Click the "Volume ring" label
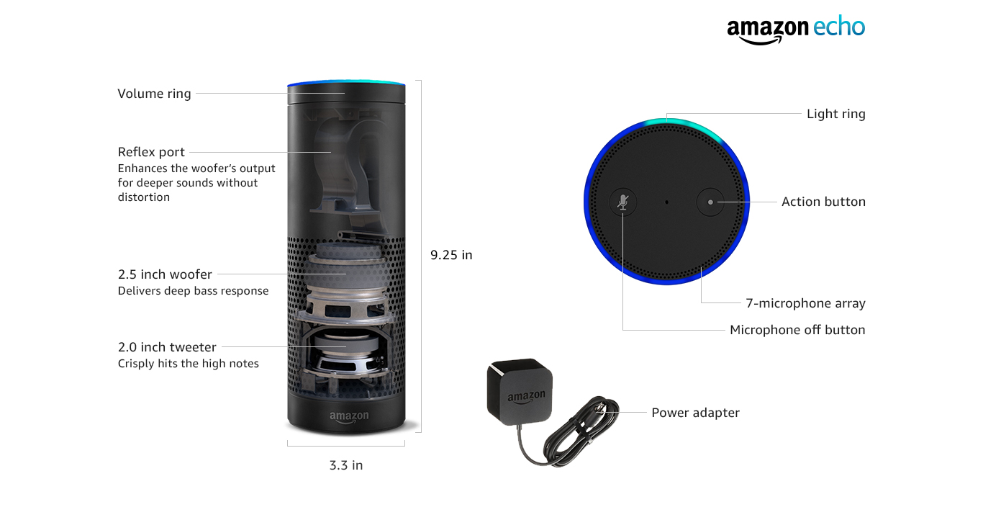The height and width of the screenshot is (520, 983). pyautogui.click(x=154, y=94)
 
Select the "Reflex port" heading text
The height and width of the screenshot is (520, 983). pyautogui.click(x=151, y=152)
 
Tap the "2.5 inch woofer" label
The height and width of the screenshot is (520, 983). pyautogui.click(x=165, y=274)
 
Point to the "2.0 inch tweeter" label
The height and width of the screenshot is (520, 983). pyautogui.click(x=167, y=347)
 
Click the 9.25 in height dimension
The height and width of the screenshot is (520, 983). pyautogui.click(x=451, y=255)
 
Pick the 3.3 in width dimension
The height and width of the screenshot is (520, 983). pyautogui.click(x=346, y=465)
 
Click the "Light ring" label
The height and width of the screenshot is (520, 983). pyautogui.click(x=835, y=114)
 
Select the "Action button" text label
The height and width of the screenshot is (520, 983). pyautogui.click(x=823, y=202)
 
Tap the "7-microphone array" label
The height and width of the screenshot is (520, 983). pyautogui.click(x=805, y=303)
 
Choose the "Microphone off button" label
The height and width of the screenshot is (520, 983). pyautogui.click(x=797, y=330)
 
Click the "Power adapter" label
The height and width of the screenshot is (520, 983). pyautogui.click(x=695, y=413)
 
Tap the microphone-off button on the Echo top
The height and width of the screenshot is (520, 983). pyautogui.click(x=623, y=202)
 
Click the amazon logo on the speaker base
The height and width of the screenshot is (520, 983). pyautogui.click(x=349, y=416)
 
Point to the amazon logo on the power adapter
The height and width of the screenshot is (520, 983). pyautogui.click(x=526, y=397)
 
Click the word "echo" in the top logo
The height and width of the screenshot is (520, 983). pyautogui.click(x=838, y=27)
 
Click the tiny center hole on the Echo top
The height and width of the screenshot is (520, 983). pyautogui.click(x=666, y=202)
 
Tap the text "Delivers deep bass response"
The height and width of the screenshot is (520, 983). pyautogui.click(x=193, y=291)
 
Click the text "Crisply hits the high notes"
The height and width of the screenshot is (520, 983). pyautogui.click(x=188, y=364)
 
